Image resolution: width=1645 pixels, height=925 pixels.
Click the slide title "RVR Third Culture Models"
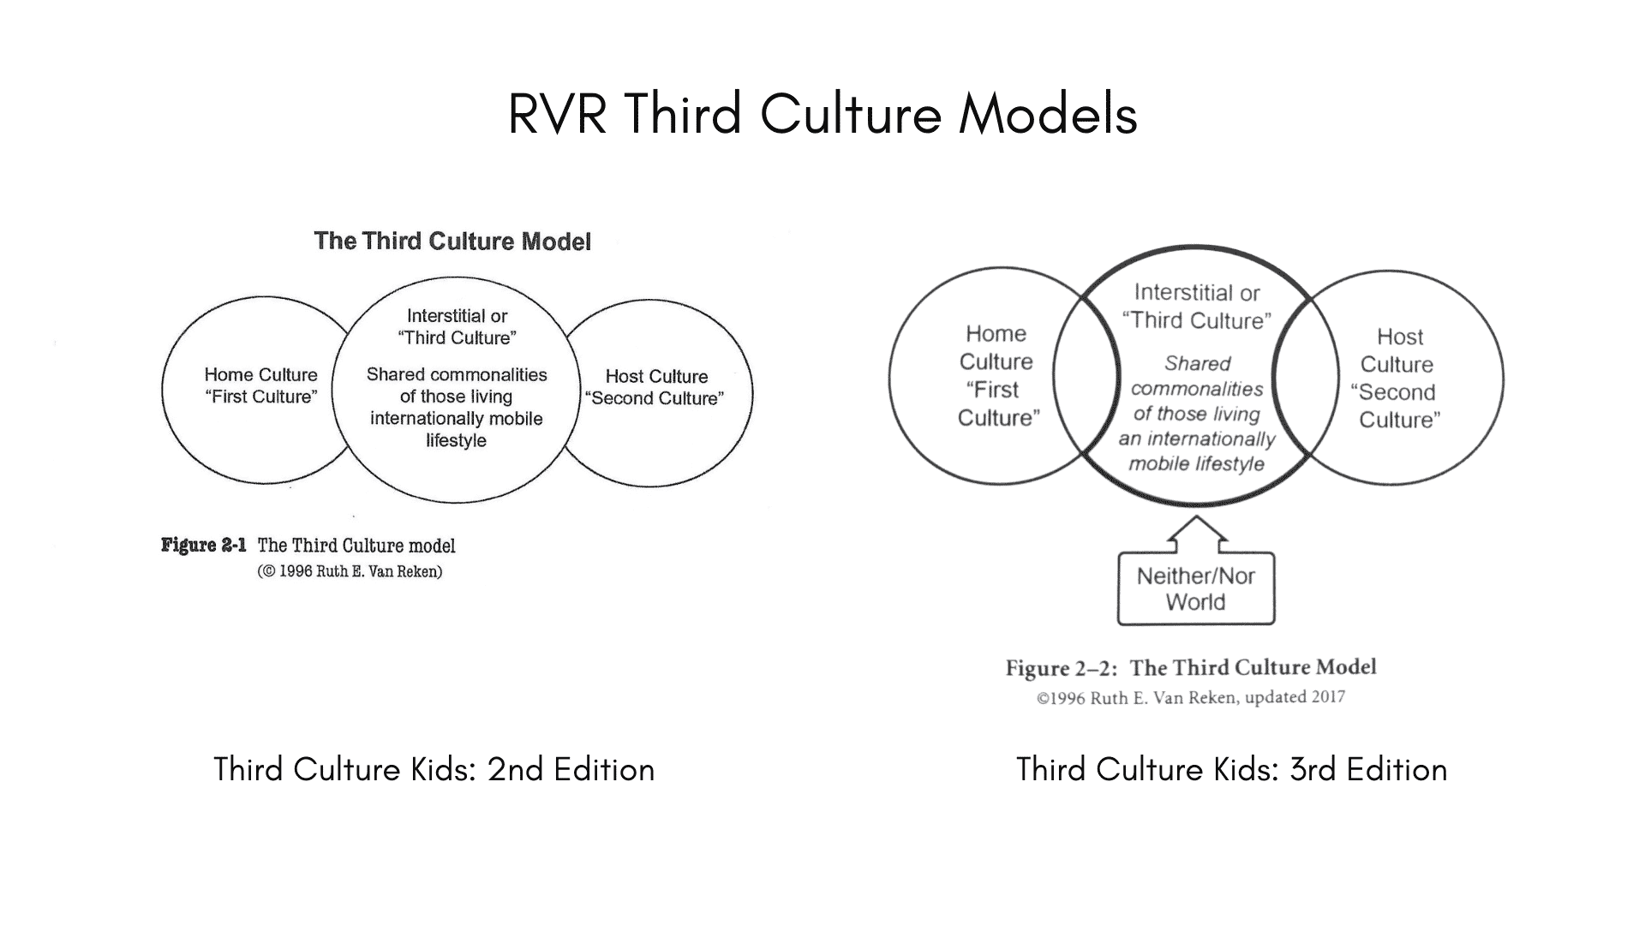(x=822, y=114)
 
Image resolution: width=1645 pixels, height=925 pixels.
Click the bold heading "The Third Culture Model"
(x=452, y=242)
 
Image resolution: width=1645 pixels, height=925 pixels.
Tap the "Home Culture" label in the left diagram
(x=260, y=374)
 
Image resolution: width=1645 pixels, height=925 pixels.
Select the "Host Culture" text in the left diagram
(x=656, y=376)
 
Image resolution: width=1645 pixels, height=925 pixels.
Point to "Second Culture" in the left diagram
(x=655, y=398)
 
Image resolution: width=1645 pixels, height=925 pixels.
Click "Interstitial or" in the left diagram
(x=457, y=316)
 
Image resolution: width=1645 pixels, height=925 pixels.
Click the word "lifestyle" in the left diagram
(x=456, y=440)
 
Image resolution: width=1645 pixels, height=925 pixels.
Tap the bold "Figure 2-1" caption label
(x=204, y=546)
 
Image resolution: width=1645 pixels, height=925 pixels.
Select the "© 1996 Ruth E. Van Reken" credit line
(x=350, y=571)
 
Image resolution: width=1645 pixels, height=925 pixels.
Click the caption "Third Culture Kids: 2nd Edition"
(x=434, y=769)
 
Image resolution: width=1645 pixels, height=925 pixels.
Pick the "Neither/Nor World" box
(x=1196, y=589)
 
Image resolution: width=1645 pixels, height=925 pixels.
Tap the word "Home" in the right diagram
(x=996, y=333)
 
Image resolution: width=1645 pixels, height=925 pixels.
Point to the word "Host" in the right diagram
(x=1399, y=337)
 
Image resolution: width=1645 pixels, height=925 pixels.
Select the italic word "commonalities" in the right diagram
(x=1197, y=389)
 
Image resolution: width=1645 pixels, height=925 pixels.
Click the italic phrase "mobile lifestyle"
(x=1196, y=464)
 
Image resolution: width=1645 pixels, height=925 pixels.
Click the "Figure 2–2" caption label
(x=1061, y=668)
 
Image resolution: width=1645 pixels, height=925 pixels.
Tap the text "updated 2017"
(x=1295, y=697)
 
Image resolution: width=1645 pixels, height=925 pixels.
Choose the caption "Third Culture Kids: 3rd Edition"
(x=1231, y=769)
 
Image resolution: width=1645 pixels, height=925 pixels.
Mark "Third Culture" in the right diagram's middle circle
(x=1197, y=320)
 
